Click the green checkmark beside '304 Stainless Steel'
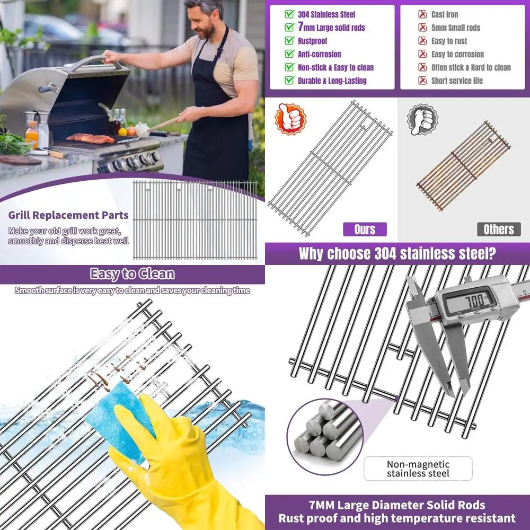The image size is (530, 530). coord(289,14)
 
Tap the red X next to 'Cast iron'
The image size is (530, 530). coord(422,14)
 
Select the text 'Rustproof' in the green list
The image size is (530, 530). coord(312,41)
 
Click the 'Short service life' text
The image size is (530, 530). coord(457,81)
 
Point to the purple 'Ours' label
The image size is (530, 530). coord(364,229)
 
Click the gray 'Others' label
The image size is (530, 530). coord(498,229)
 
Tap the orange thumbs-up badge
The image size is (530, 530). coord(290,119)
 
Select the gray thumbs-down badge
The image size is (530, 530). coord(422,119)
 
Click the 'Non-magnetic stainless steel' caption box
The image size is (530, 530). coord(418,469)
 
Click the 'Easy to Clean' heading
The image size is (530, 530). coord(132,274)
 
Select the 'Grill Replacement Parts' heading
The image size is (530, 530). coord(68,215)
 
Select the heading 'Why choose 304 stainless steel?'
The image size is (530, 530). coord(397,253)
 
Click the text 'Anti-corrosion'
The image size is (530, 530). coord(319,54)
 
